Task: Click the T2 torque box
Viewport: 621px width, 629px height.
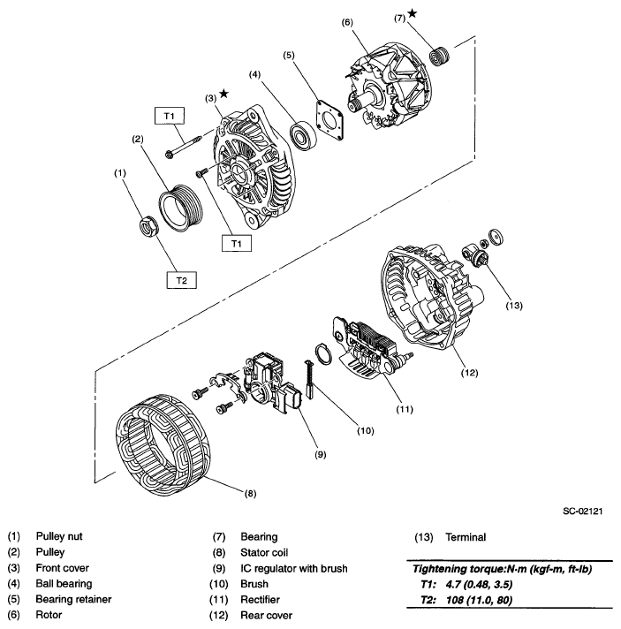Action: coord(181,280)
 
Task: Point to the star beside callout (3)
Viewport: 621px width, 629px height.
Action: coord(225,94)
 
